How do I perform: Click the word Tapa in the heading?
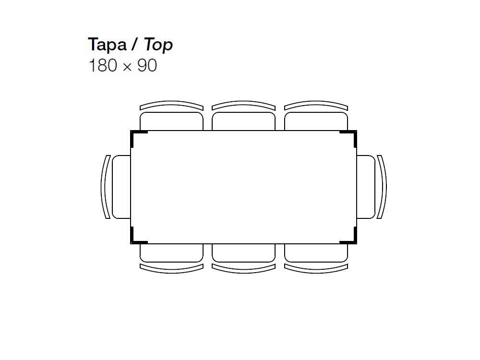point(107,45)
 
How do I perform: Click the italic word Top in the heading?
point(158,45)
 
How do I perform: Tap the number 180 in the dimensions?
point(103,65)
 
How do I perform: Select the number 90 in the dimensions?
point(147,65)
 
